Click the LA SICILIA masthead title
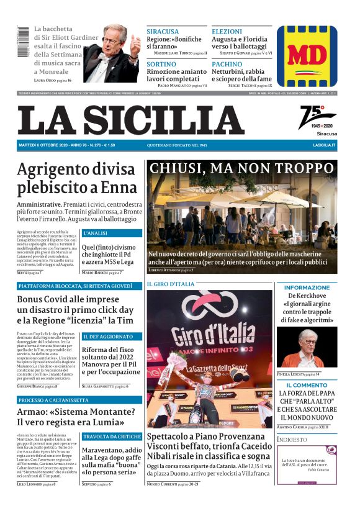(x=131, y=120)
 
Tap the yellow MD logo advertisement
(x=307, y=56)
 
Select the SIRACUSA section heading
(x=162, y=32)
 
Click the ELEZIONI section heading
(x=227, y=32)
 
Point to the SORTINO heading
(x=161, y=65)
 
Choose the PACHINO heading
(x=227, y=65)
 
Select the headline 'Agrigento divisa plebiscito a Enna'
(x=76, y=179)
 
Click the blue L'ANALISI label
(x=95, y=233)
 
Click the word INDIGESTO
(x=292, y=440)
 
